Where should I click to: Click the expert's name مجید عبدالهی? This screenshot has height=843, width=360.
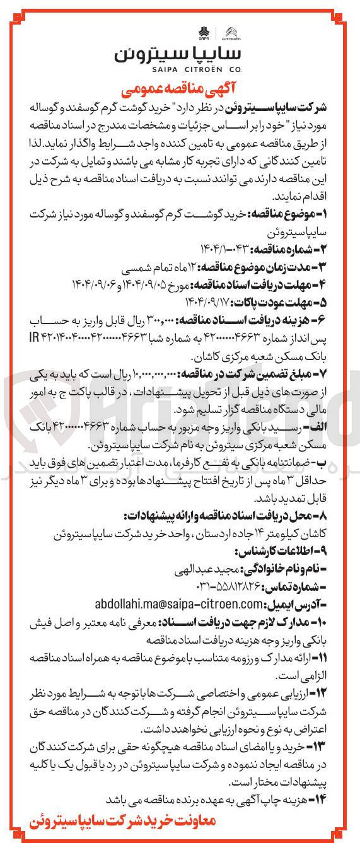click(209, 571)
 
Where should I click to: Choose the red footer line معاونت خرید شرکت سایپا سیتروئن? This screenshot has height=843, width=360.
click(123, 822)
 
